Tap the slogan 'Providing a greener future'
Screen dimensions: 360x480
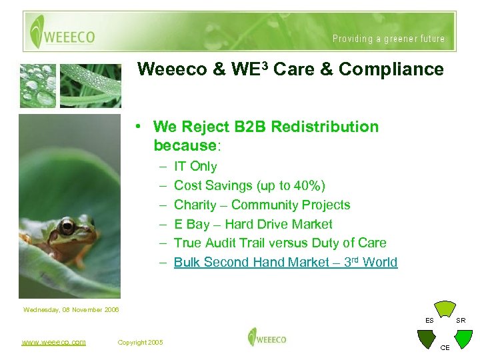[x=389, y=39]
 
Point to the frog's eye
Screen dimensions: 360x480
[x=67, y=227]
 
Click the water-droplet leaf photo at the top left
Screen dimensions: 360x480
[x=39, y=85]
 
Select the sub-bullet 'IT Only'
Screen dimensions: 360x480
[x=195, y=166]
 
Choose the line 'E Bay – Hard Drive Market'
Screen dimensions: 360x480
[x=253, y=224]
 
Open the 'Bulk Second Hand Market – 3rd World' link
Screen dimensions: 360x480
[x=285, y=262]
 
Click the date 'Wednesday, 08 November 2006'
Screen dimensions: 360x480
[x=71, y=309]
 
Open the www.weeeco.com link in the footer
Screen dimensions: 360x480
[x=54, y=342]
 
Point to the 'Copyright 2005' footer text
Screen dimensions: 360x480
[x=140, y=343]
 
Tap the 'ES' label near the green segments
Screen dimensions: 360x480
[x=429, y=321]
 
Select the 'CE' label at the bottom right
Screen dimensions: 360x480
[x=445, y=347]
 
